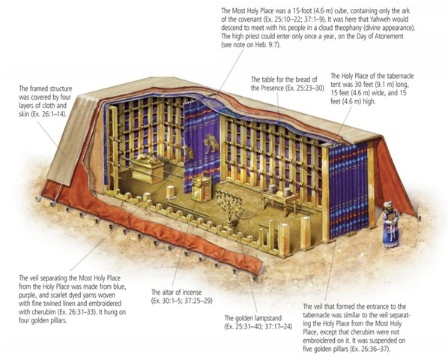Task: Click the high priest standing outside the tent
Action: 390,225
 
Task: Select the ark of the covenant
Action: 147,168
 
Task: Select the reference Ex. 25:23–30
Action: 305,88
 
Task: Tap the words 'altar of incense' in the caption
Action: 182,292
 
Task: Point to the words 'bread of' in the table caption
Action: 306,79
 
